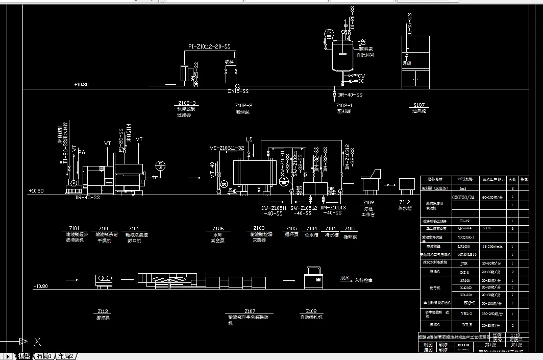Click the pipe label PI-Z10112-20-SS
209,46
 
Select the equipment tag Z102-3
187,103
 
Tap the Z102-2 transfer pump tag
243,106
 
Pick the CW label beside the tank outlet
361,76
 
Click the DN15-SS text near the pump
238,91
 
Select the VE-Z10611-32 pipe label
227,148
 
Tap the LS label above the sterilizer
249,139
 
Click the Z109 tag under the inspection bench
369,202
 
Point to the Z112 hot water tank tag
405,202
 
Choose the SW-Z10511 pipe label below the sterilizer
274,208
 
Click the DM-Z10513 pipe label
332,208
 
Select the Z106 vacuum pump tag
218,228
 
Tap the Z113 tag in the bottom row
103,311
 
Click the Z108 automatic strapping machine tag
311,311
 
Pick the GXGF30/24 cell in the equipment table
464,197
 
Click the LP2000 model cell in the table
464,246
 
